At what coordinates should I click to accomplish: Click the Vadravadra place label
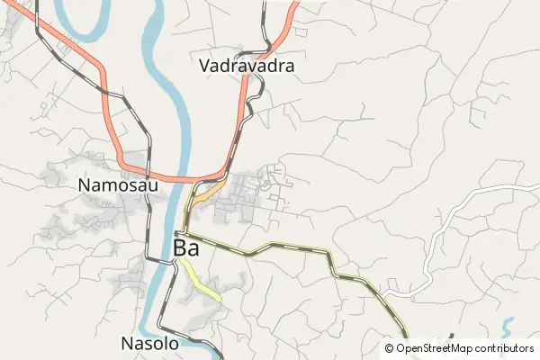point(247,66)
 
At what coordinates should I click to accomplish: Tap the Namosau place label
point(118,185)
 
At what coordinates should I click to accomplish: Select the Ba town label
point(186,247)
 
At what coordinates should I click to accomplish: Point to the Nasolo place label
point(149,343)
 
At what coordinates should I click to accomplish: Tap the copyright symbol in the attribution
point(390,348)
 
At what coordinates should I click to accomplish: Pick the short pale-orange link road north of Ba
point(209,192)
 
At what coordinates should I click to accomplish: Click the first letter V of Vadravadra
point(204,66)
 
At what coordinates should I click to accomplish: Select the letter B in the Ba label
point(180,247)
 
